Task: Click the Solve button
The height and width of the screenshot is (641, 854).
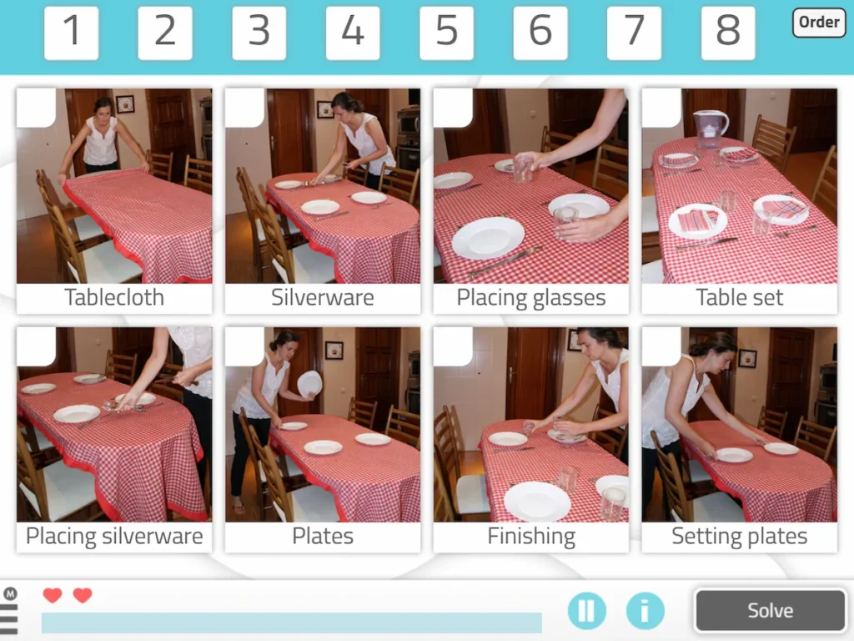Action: [x=769, y=610]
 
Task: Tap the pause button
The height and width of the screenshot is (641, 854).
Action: [x=587, y=610]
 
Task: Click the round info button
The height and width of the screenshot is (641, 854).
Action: [x=645, y=610]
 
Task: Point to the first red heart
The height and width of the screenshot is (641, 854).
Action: [x=53, y=595]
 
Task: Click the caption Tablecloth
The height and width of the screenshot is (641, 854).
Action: [x=114, y=298]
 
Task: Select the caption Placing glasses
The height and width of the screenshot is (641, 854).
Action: [x=531, y=298]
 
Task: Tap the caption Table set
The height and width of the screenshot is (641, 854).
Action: [x=740, y=298]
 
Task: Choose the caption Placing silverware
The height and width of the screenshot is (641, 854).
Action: [x=114, y=536]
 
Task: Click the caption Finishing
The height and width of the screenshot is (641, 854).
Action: [x=531, y=536]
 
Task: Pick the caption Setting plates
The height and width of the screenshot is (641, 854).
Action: [x=740, y=536]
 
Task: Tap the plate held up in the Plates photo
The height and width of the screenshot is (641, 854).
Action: [x=309, y=383]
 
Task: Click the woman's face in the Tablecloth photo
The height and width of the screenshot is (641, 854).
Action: [x=103, y=109]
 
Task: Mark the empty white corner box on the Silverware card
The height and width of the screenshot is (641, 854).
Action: [x=243, y=107]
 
